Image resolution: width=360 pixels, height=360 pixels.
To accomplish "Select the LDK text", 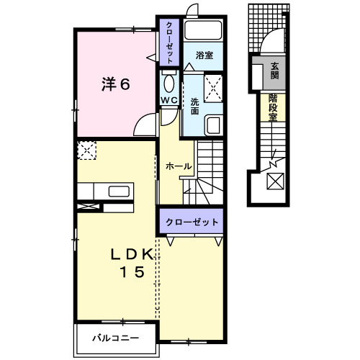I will pos(132,254).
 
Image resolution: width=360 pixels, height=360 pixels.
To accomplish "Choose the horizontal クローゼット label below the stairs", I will pos(191,222).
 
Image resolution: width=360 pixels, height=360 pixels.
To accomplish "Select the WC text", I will pos(169,99).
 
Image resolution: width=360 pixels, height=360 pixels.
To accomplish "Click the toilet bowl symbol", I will pos(168,81).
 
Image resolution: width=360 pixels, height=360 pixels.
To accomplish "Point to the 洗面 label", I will pos(194,102).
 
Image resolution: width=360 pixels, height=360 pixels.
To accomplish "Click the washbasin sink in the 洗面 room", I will pos(213,125).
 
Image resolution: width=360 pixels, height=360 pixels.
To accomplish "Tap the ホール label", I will pos(178,166).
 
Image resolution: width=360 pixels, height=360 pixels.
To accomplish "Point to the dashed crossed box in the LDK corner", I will pos(87,150).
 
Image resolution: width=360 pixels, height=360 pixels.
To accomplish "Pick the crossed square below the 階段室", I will pos(275,182).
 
